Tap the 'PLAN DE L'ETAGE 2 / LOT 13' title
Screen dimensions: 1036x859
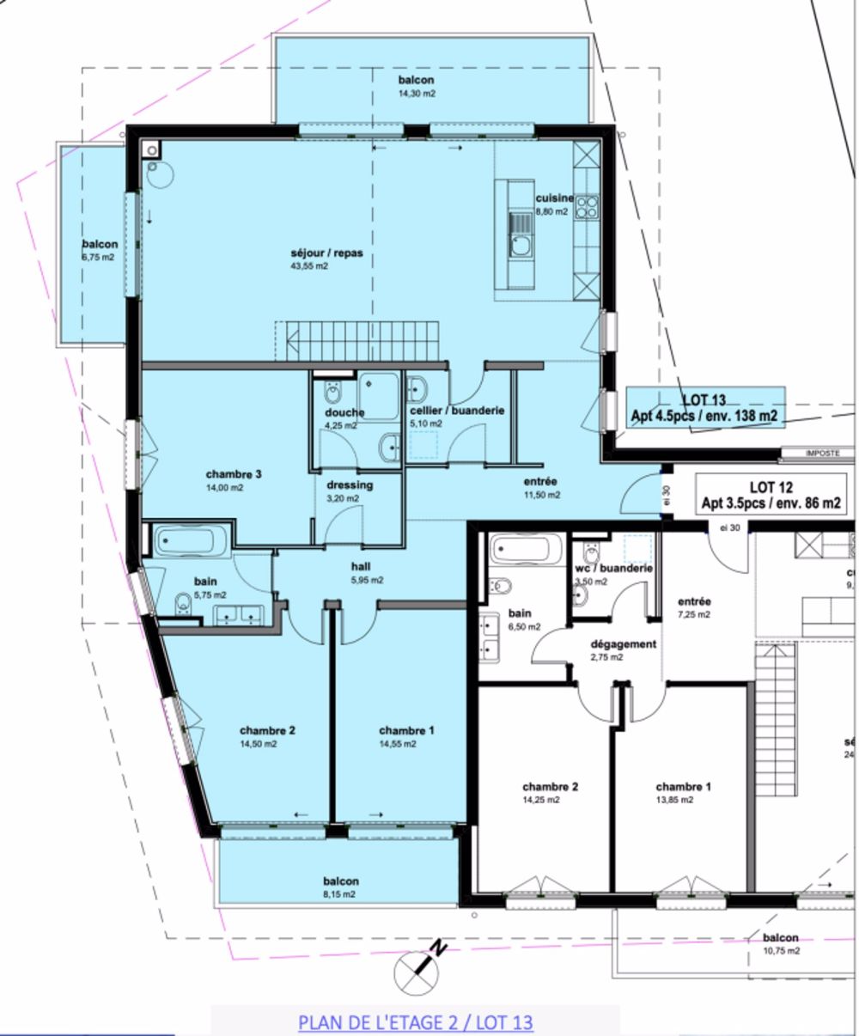point(416,1022)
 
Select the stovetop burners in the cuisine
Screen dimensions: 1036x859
point(587,206)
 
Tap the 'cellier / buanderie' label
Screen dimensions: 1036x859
point(457,411)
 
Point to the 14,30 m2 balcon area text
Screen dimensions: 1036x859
point(416,94)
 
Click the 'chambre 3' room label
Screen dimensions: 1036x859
point(234,474)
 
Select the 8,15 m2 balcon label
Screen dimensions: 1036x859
point(341,887)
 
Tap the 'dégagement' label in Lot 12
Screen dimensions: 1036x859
point(624,643)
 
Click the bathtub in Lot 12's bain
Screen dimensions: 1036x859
point(525,550)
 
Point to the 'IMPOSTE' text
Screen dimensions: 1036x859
point(822,453)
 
